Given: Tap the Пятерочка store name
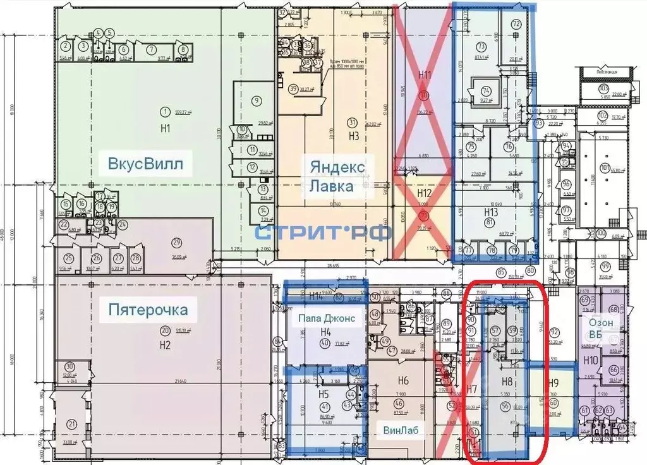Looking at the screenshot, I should [x=148, y=310].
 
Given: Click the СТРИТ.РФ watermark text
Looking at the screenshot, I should [x=323, y=232].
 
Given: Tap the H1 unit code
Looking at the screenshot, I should [x=166, y=127].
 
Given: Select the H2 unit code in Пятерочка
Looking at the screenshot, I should [x=166, y=345].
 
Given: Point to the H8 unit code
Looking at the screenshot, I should [x=506, y=381].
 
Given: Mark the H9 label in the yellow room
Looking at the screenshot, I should [x=553, y=382].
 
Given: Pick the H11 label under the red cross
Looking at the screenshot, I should [x=425, y=75].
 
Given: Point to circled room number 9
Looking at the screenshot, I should [x=256, y=100].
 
